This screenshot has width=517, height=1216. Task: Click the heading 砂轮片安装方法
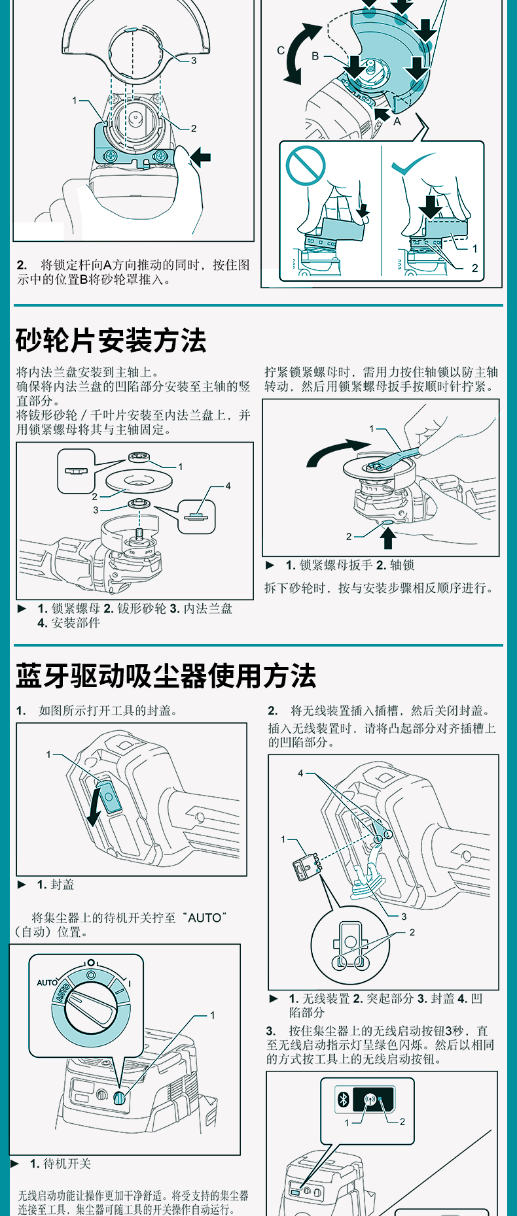111,341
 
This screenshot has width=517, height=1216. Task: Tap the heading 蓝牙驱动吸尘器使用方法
166,675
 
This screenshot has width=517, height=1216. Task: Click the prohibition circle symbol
306,166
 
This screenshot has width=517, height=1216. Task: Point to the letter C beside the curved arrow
281,50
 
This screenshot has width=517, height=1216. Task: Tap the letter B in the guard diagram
315,56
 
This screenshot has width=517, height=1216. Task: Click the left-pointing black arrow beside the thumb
200,157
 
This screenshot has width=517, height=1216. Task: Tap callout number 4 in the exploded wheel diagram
228,486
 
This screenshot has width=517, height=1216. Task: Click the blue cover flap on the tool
110,796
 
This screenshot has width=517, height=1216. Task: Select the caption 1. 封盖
56,885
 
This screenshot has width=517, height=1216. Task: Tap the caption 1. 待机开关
60,1164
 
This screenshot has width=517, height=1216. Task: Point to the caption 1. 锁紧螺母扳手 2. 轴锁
349,565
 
